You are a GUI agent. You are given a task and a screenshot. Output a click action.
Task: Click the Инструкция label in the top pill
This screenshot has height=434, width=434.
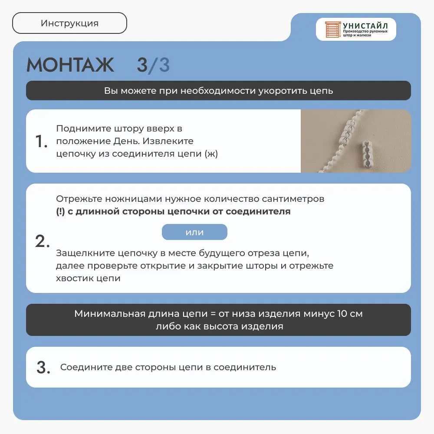pos(69,23)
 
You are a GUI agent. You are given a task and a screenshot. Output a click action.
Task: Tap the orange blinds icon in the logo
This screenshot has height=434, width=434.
pos(333,30)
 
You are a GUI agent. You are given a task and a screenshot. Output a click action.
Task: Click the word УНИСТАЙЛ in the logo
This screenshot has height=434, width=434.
pos(365,26)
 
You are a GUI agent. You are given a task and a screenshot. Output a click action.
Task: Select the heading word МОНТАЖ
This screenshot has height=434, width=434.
pos(70,65)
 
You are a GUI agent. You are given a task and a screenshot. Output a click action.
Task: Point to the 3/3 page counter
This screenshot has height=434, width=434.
pos(153,66)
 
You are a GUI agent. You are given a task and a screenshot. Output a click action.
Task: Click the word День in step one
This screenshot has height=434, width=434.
pos(125,141)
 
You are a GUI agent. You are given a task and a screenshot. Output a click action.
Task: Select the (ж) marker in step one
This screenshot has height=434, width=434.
pos(211,154)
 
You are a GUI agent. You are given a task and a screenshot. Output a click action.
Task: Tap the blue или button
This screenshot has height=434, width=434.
pos(194,232)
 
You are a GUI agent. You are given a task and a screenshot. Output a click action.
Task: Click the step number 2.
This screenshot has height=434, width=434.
pos(43,241)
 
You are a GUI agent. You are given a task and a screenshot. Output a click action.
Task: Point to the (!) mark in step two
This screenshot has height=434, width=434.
pos(60,211)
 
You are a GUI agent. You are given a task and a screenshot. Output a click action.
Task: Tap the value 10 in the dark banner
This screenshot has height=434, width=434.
pos(342,314)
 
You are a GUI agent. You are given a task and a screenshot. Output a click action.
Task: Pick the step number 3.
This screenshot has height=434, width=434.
pos(43,368)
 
